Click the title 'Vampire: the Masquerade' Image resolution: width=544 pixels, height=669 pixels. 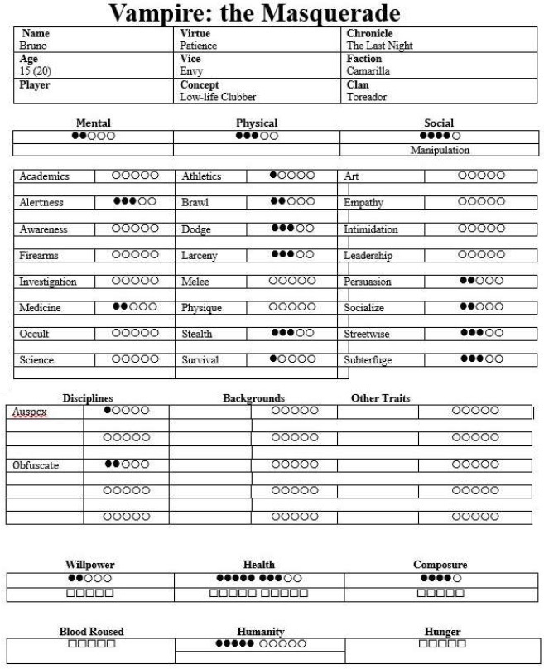(x=255, y=13)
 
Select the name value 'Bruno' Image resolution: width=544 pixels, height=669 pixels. (x=33, y=46)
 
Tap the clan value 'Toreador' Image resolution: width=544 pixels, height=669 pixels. (x=366, y=97)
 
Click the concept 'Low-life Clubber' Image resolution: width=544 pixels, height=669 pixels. (x=218, y=97)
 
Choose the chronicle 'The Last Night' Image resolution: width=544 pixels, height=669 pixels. (x=379, y=46)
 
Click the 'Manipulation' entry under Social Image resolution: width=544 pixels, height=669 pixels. (x=440, y=150)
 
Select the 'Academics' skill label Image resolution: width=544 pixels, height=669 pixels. (x=45, y=176)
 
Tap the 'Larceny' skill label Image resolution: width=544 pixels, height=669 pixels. (x=200, y=256)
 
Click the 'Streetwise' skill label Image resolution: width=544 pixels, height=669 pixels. (x=368, y=334)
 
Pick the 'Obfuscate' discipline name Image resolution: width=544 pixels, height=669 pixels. (x=36, y=465)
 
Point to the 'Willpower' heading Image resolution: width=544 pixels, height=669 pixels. (x=89, y=565)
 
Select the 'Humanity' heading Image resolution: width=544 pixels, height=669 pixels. (x=260, y=632)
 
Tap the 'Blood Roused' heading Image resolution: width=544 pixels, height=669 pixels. (x=91, y=632)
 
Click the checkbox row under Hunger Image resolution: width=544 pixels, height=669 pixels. (x=442, y=643)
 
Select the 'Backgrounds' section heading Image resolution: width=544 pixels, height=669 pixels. (x=253, y=398)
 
